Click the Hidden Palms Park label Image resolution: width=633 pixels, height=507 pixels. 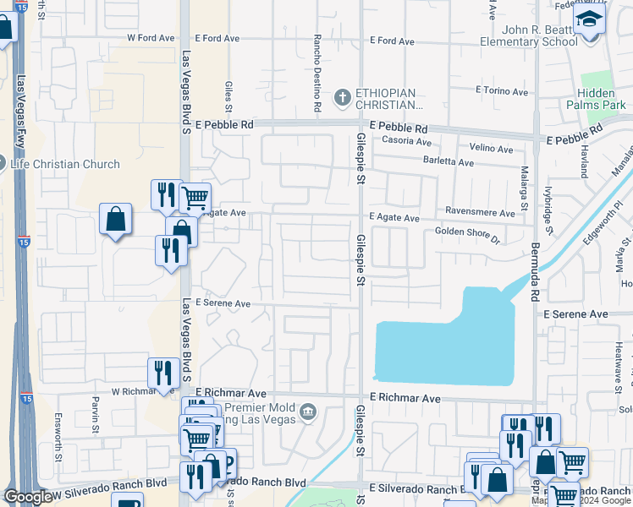pyautogui.click(x=601, y=100)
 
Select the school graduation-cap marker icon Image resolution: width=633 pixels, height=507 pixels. pyautogui.click(x=589, y=20)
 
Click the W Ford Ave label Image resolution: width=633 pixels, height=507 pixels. pyautogui.click(x=151, y=38)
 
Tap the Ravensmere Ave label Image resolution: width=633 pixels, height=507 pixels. pyautogui.click(x=478, y=214)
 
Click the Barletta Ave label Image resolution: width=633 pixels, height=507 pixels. pyautogui.click(x=448, y=161)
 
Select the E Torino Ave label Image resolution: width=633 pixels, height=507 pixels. pyautogui.click(x=502, y=90)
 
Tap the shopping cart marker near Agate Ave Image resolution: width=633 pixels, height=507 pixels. pyautogui.click(x=195, y=198)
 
